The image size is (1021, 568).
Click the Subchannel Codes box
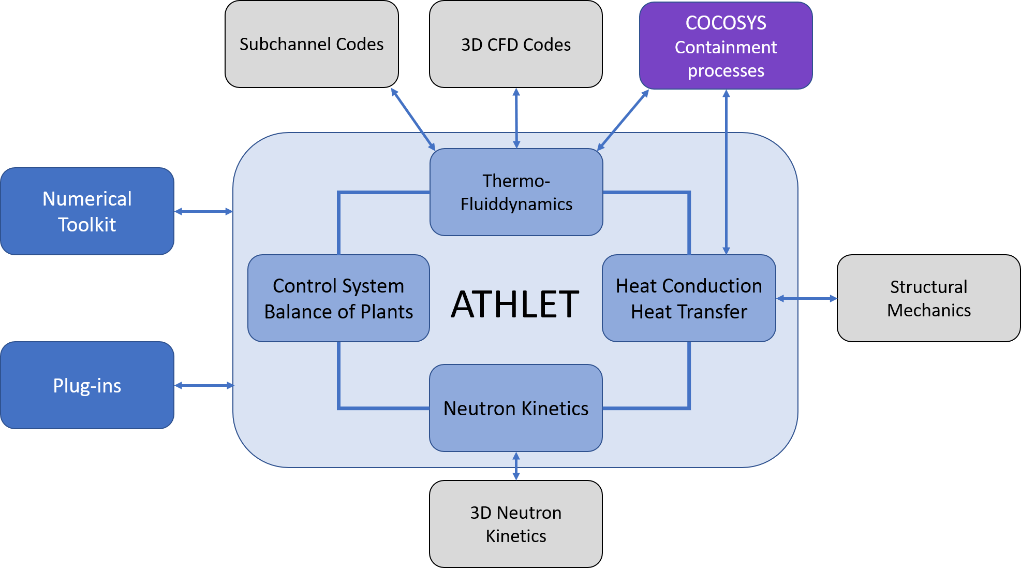312,45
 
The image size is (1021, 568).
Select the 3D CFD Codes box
516,45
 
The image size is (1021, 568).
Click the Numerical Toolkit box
87,211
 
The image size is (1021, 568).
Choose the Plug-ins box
87,385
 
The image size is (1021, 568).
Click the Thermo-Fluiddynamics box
516,192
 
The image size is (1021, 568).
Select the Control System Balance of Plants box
338,298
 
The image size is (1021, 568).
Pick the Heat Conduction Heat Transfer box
689,298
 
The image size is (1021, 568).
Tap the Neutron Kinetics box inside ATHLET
516,408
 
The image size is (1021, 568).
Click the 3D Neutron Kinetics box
516,524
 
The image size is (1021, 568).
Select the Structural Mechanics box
928,298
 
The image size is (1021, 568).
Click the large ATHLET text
515,304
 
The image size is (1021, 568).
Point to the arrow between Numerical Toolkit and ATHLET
203,211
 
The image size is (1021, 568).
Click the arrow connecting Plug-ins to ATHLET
204,385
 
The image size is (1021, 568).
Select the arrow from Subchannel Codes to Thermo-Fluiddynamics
413,119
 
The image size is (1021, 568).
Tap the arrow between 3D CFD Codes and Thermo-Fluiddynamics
516,118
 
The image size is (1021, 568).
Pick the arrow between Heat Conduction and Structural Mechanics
806,298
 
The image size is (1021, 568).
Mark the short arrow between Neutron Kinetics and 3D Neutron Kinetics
516,466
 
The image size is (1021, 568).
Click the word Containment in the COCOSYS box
726,47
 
